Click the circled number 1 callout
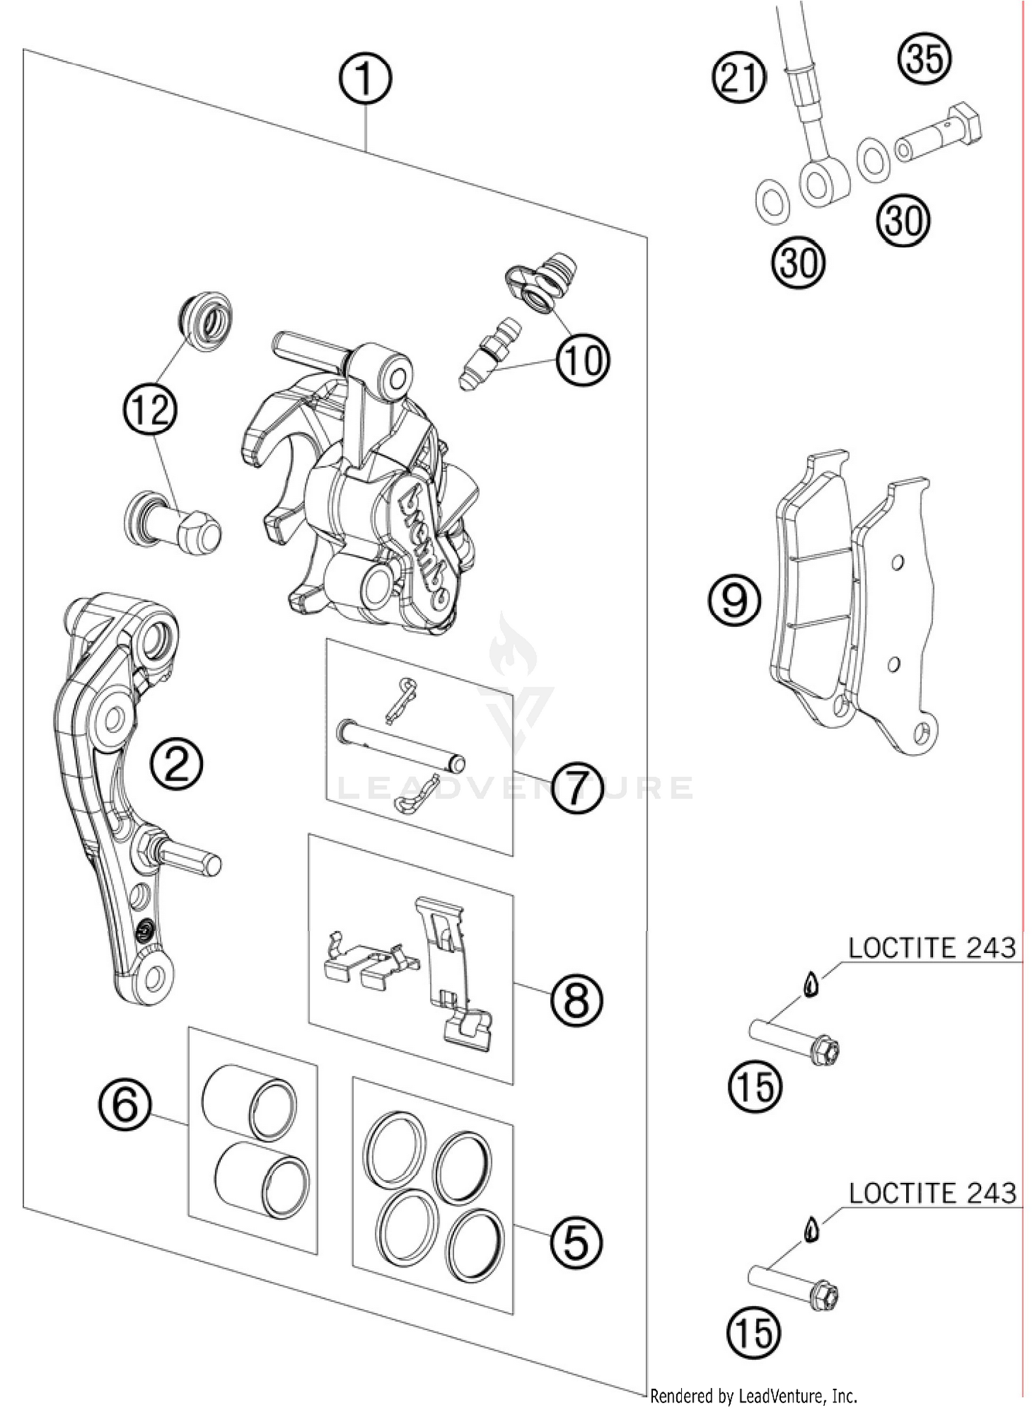pyautogui.click(x=365, y=79)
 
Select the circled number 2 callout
pyautogui.click(x=178, y=765)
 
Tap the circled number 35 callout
pyautogui.click(x=924, y=58)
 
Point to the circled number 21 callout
pyautogui.click(x=738, y=77)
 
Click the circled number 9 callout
pyautogui.click(x=735, y=601)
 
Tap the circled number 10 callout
pyautogui.click(x=582, y=361)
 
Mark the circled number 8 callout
pyautogui.click(x=575, y=1001)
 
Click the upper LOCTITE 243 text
pyautogui.click(x=932, y=948)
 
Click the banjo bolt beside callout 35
pyautogui.click(x=939, y=133)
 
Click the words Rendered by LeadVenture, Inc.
pyautogui.click(x=753, y=1396)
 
